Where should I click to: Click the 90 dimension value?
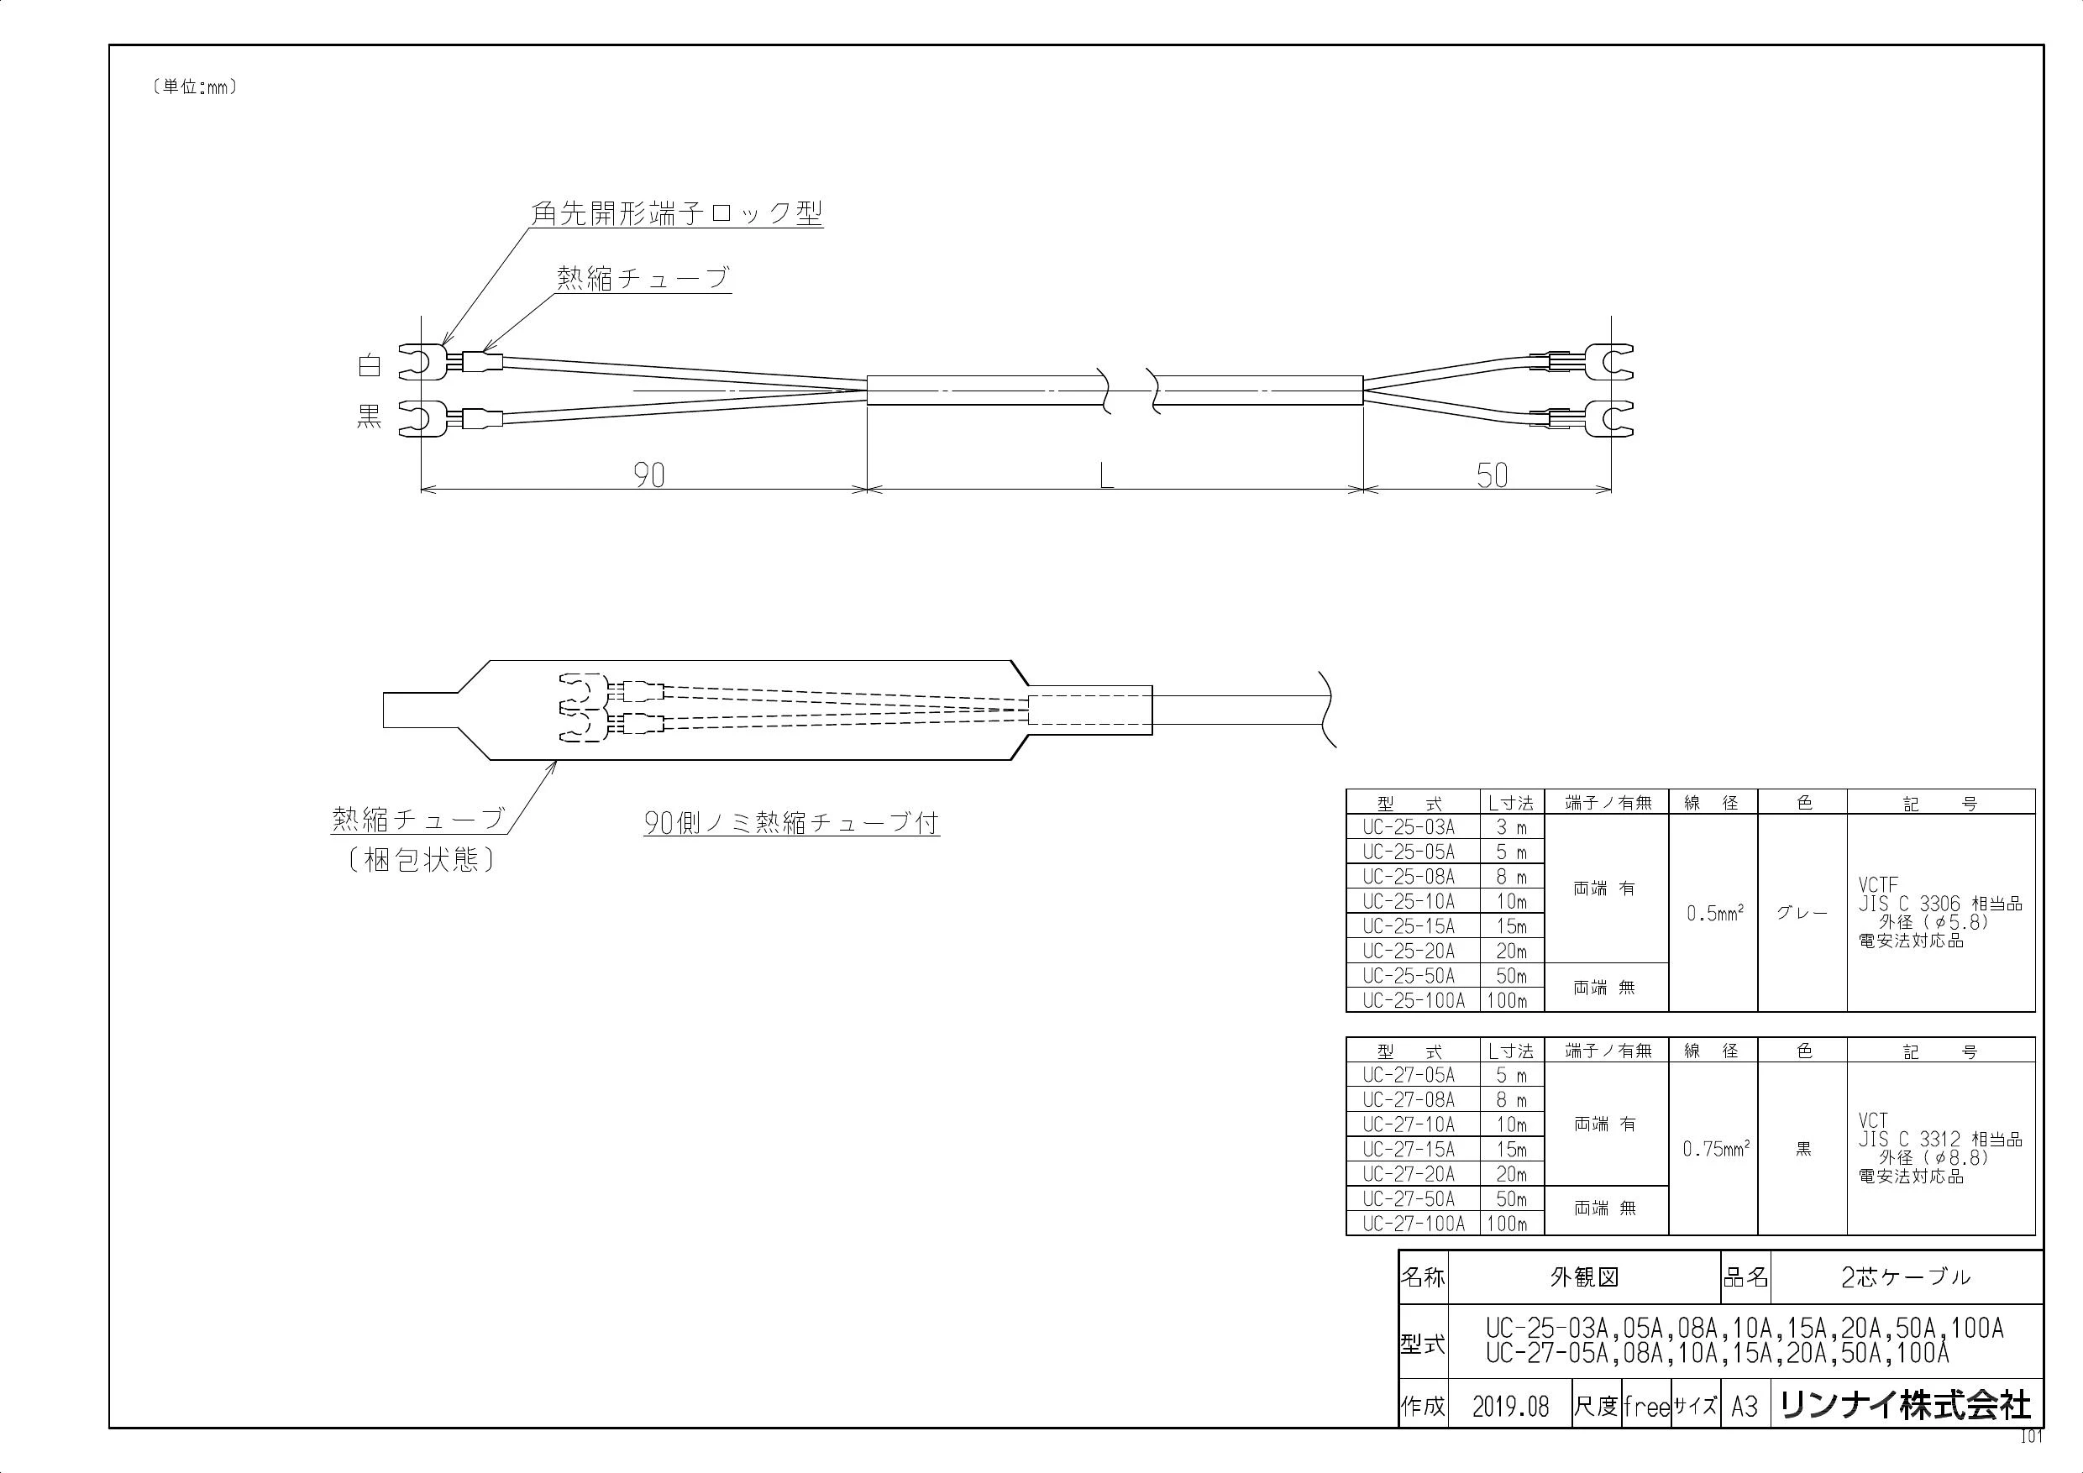pyautogui.click(x=648, y=475)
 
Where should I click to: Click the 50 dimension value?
pyautogui.click(x=1493, y=475)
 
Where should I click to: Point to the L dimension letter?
pyautogui.click(x=1106, y=476)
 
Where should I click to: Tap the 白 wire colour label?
pyautogui.click(x=370, y=366)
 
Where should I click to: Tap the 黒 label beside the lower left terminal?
pyautogui.click(x=370, y=417)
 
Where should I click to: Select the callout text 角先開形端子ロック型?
pyautogui.click(x=677, y=213)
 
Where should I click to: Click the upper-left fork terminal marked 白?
pyautogui.click(x=422, y=361)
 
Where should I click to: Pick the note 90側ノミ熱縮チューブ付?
pyautogui.click(x=791, y=823)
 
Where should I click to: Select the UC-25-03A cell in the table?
pyautogui.click(x=1408, y=827)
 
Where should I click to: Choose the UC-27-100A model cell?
pyautogui.click(x=1414, y=1224)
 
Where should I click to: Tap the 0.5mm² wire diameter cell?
pyautogui.click(x=1713, y=913)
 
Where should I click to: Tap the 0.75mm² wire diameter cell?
pyautogui.click(x=1713, y=1148)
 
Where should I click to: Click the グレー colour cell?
pyautogui.click(x=1802, y=914)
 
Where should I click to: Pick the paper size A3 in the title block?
pyautogui.click(x=1745, y=1407)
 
